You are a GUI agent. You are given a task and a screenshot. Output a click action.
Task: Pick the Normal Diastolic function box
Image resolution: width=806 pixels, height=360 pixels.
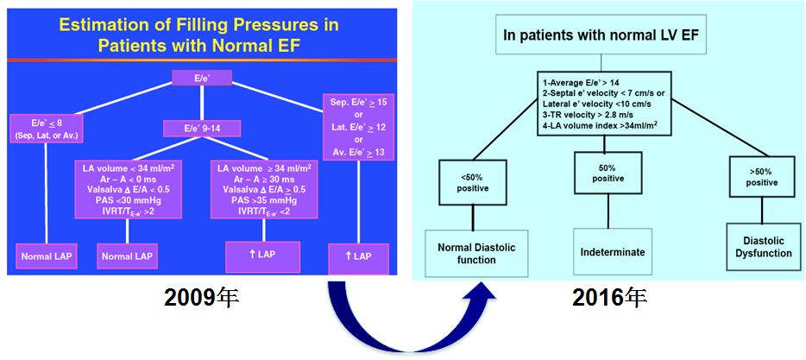click(475, 254)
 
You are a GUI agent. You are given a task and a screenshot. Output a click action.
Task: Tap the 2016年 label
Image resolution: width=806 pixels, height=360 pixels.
click(609, 298)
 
